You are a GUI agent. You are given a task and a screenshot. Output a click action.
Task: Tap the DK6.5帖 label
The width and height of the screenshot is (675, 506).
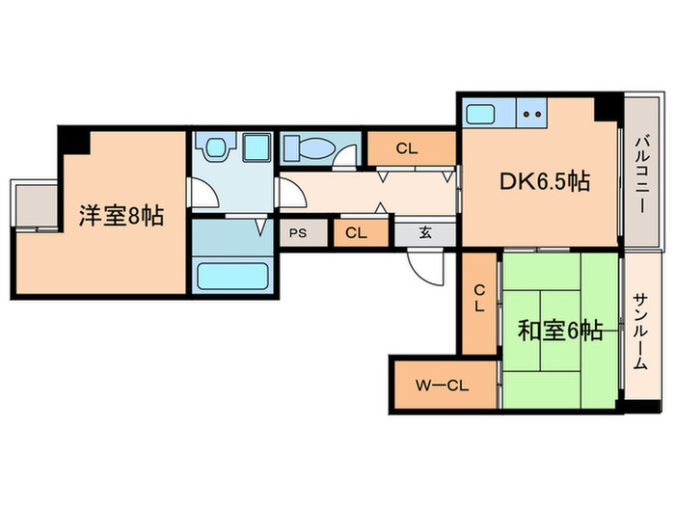tap(544, 180)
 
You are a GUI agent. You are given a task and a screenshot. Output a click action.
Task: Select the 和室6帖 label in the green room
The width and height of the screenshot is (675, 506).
tap(560, 332)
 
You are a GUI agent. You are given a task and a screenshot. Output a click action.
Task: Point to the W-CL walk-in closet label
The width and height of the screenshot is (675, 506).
tap(443, 386)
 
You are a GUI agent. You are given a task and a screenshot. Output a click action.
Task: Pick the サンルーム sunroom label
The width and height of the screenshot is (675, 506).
tap(640, 333)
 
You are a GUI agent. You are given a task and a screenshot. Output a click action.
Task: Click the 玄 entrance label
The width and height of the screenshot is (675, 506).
tap(425, 232)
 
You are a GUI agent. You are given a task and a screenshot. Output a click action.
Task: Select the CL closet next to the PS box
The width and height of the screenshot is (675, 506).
tap(356, 232)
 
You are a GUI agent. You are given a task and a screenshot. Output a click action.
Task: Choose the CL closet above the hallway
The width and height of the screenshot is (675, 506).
tap(406, 148)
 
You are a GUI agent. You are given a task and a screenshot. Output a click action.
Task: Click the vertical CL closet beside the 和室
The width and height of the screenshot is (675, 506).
tap(477, 302)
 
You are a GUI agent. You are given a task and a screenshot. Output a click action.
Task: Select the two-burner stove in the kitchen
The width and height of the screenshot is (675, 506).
tap(532, 115)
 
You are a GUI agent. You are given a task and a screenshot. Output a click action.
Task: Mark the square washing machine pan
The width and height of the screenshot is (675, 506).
tap(256, 148)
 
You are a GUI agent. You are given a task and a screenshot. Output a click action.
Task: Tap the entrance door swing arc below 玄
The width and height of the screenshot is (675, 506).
tap(423, 262)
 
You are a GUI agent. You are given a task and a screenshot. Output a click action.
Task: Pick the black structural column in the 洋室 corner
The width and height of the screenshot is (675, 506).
tap(74, 140)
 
